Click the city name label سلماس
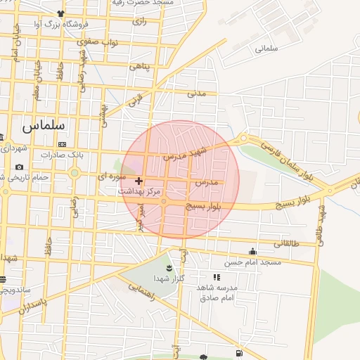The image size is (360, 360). (x=44, y=125)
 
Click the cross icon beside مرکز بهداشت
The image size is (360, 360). (x=139, y=181)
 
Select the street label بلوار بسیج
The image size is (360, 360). (x=203, y=207)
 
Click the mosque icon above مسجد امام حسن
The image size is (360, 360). (x=252, y=251)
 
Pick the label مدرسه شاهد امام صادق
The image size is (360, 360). (x=219, y=292)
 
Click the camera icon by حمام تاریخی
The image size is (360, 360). (x=19, y=167)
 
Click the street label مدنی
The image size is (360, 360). (x=195, y=92)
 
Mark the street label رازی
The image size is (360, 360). (x=138, y=22)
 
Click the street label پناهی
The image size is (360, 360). (x=138, y=66)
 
